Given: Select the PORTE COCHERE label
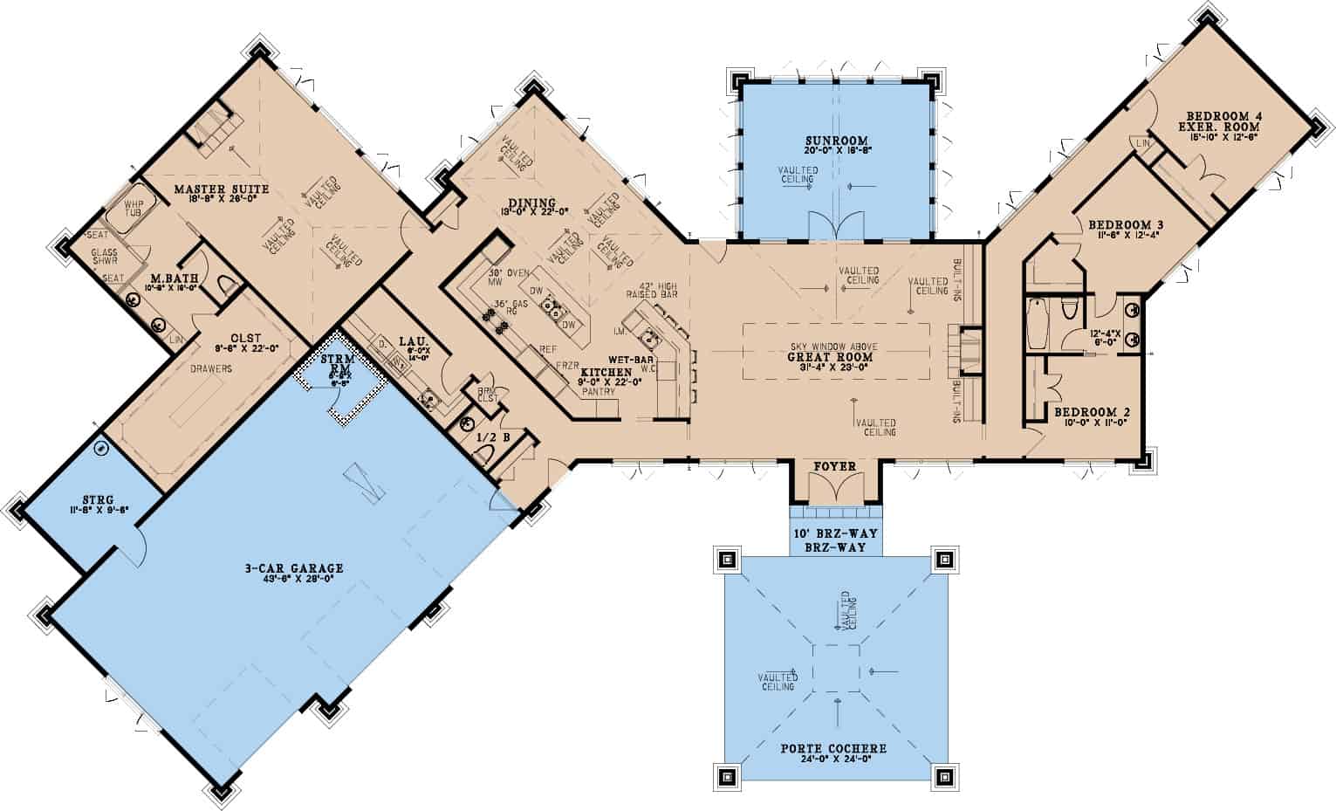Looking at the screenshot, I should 833,748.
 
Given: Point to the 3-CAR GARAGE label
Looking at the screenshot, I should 293,568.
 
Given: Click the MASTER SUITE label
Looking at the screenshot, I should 221,189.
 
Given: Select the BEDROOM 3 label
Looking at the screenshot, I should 1126,224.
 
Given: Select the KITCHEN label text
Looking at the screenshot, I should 606,372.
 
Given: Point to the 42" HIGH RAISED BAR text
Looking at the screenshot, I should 659,290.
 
